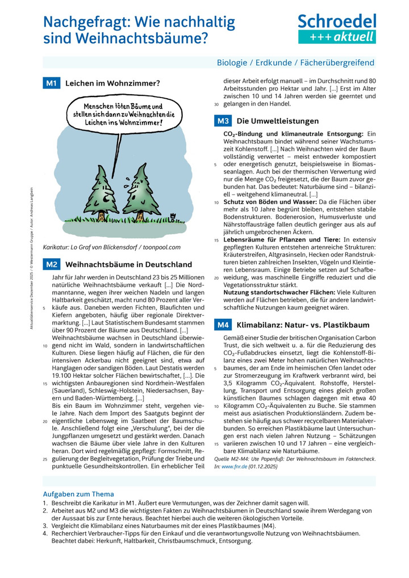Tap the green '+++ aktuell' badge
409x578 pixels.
[x=337, y=37]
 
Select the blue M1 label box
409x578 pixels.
[x=52, y=83]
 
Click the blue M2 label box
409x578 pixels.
[x=52, y=264]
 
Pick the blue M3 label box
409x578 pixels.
[x=223, y=121]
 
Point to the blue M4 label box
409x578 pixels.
[x=223, y=325]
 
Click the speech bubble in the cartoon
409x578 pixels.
[x=122, y=114]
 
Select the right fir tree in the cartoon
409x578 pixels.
[x=138, y=190]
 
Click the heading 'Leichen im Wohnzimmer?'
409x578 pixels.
[x=112, y=83]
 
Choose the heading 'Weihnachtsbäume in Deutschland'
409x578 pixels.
[x=128, y=264]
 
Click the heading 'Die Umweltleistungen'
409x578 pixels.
[x=277, y=121]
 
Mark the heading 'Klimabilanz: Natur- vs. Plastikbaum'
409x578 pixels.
[x=303, y=325]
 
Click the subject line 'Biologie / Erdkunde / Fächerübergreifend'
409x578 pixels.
[x=295, y=62]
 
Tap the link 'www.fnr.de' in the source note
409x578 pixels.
[x=235, y=466]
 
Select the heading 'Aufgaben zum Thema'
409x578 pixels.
[x=78, y=494]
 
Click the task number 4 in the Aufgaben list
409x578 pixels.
[x=45, y=534]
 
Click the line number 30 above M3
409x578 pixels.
[x=216, y=104]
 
